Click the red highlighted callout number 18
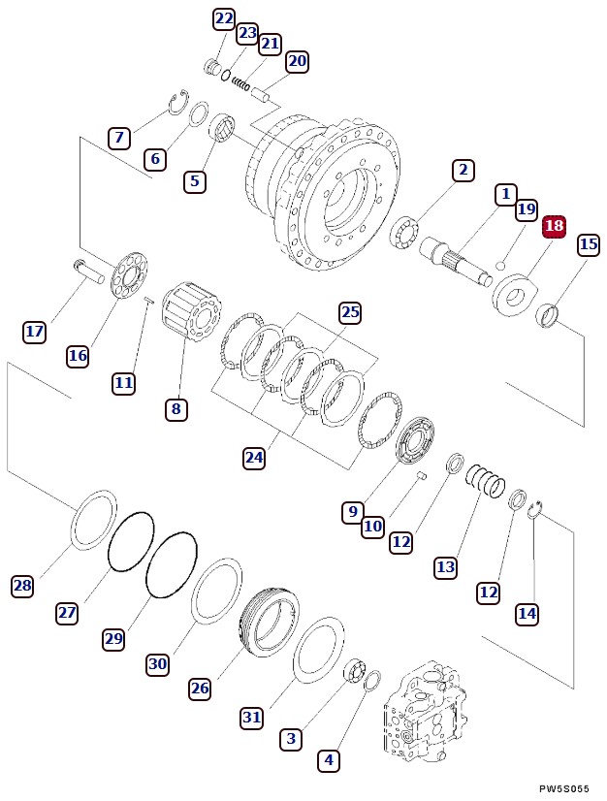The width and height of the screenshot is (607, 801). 554,227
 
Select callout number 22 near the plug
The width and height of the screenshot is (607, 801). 224,18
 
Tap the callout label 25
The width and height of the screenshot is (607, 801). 350,312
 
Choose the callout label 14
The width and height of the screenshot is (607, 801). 527,613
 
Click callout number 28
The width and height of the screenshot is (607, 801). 22,586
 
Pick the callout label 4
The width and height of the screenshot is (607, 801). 330,761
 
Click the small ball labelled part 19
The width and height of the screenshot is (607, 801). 500,264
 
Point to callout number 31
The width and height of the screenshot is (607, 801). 252,718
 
